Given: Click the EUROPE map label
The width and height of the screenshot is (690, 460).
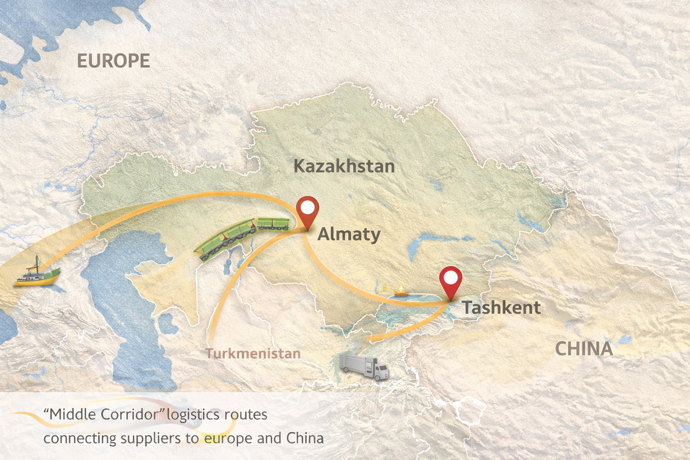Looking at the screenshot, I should tap(113, 61).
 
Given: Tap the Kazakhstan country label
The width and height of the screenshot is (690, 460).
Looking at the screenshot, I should tap(344, 167).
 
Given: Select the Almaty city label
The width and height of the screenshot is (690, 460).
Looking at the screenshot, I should tap(348, 235).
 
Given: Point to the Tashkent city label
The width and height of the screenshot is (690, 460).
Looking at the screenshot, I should tap(501, 308).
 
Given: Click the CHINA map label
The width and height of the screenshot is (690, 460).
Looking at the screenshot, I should tap(584, 349).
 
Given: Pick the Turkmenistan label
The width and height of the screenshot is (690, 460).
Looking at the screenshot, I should tap(254, 353).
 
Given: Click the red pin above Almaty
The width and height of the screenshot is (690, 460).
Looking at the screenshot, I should tap(309, 214).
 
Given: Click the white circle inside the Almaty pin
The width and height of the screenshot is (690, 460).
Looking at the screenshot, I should tap(309, 208).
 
